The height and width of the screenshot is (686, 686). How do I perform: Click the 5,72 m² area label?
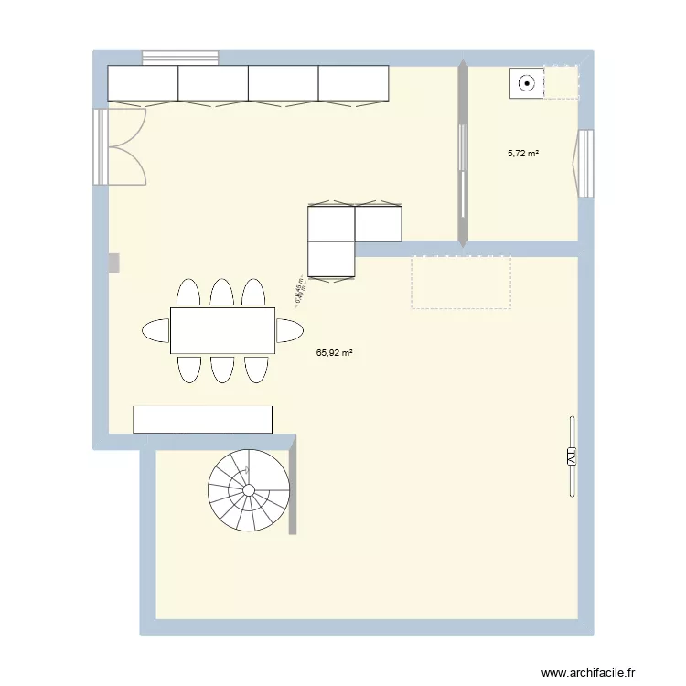tap(523, 154)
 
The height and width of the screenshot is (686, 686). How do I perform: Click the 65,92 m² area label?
tap(335, 350)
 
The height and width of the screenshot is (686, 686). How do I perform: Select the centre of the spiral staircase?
tap(249, 490)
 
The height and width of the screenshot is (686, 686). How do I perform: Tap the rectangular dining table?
tap(222, 330)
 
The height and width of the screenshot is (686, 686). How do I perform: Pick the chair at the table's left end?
tap(155, 330)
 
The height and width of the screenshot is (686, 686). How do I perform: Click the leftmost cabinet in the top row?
tap(143, 82)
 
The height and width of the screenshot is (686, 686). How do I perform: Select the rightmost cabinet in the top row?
tap(354, 82)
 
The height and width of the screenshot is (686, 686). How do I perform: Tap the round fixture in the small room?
tap(527, 83)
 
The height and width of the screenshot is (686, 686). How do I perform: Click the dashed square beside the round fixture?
tap(562, 82)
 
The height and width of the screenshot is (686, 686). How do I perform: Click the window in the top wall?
tap(180, 58)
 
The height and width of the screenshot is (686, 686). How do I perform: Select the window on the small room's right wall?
tap(585, 163)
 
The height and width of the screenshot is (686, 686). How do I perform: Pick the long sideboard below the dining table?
tap(203, 419)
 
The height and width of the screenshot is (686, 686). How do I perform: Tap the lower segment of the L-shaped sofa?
tap(331, 258)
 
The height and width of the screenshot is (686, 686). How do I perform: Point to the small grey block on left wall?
tap(114, 263)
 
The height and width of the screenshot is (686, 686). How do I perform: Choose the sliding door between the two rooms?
tap(463, 154)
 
